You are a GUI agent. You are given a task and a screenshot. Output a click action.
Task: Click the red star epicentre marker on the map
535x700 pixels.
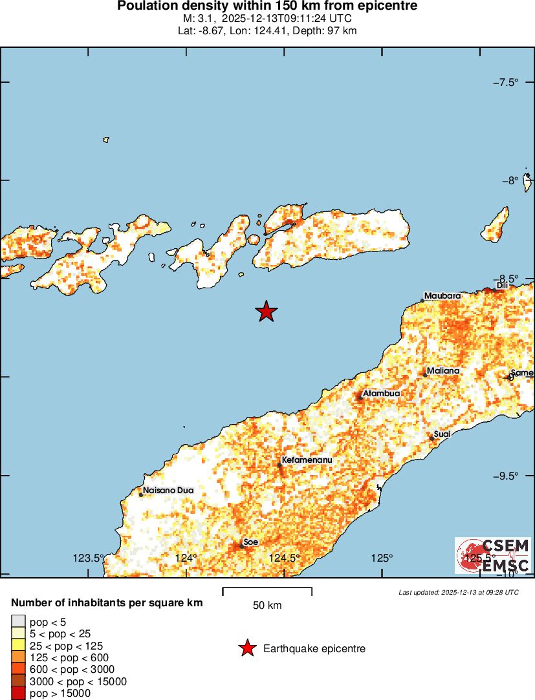(266, 312)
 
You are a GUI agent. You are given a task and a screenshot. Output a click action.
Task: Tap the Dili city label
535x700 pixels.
(502, 285)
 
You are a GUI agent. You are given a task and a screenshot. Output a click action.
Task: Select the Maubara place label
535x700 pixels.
(443, 295)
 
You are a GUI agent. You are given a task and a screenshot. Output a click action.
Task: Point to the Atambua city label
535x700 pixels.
(381, 393)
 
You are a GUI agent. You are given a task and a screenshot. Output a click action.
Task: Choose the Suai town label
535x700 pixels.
(442, 434)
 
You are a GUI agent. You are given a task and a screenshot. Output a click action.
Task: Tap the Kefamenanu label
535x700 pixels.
(307, 460)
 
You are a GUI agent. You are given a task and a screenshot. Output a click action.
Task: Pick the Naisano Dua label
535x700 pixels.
(168, 491)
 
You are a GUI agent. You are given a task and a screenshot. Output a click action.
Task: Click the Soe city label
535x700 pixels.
(250, 542)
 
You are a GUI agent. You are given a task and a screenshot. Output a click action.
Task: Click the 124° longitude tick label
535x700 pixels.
(187, 558)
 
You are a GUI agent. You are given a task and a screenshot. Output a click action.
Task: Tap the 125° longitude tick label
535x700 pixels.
(382, 558)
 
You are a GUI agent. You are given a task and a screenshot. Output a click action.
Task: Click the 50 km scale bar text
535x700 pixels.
(267, 606)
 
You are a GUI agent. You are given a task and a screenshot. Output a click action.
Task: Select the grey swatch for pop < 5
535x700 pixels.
(19, 622)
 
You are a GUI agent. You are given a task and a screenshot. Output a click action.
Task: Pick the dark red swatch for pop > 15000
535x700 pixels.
(19, 693)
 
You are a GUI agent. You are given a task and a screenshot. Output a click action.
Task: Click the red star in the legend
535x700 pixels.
(246, 648)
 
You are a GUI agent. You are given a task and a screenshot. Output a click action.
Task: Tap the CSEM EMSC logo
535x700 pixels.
(493, 555)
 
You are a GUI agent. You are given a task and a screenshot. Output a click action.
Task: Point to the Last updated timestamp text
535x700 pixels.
(459, 591)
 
